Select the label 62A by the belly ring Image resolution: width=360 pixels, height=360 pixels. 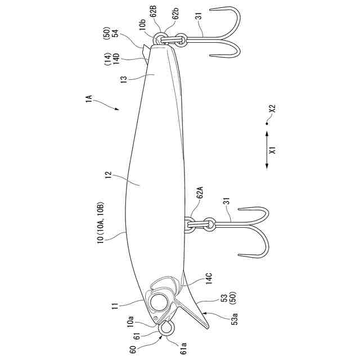coord(200,197)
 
